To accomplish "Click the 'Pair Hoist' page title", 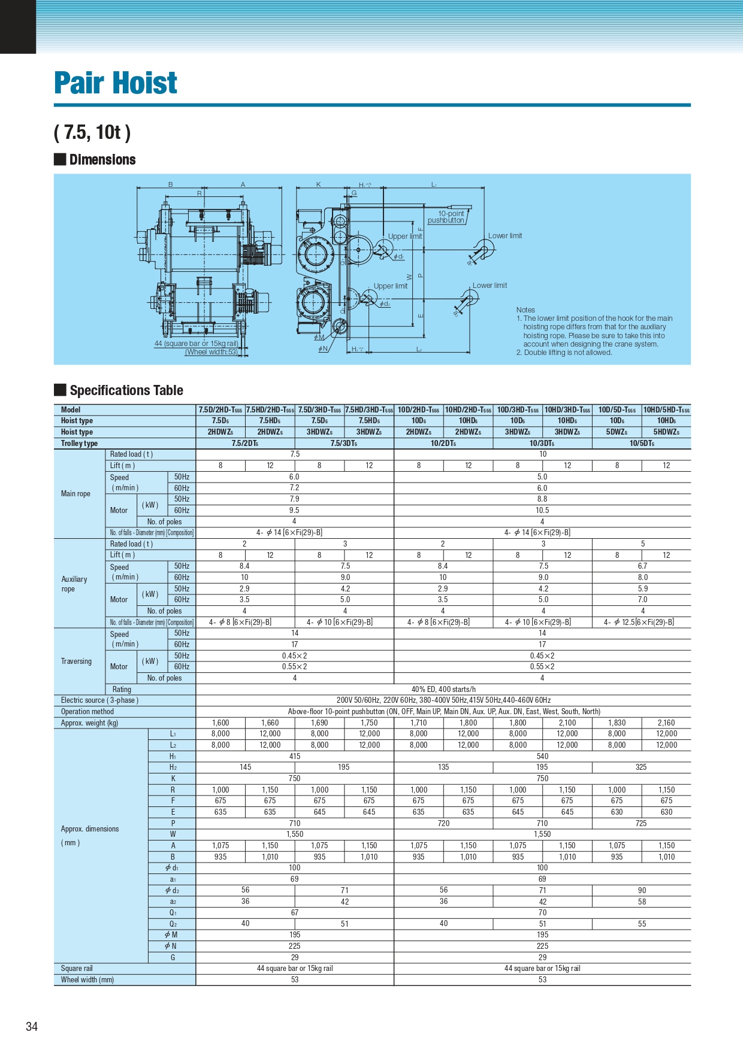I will [x=116, y=83].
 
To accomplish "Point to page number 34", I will [x=32, y=1026].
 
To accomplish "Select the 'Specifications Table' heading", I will [x=126, y=390].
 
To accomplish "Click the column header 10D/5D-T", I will [x=617, y=410].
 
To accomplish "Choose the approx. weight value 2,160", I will [x=666, y=723].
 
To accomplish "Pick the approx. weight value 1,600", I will [x=221, y=723].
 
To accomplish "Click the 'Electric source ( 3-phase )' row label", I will [x=99, y=700].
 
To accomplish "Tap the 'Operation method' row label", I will [x=87, y=712].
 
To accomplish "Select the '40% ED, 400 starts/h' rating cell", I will [x=443, y=689].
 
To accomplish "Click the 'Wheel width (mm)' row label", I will [x=87, y=980].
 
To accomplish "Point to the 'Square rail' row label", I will [x=77, y=969].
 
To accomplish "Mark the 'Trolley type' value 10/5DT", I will [x=641, y=444].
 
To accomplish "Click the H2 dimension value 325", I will [x=641, y=767].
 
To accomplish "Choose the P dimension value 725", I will [x=641, y=823].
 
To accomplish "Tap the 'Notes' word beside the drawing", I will [x=525, y=310].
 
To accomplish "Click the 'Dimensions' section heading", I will [x=102, y=160].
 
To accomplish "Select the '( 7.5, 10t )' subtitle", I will [x=92, y=132].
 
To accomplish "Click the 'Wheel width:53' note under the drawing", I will [x=212, y=352].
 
